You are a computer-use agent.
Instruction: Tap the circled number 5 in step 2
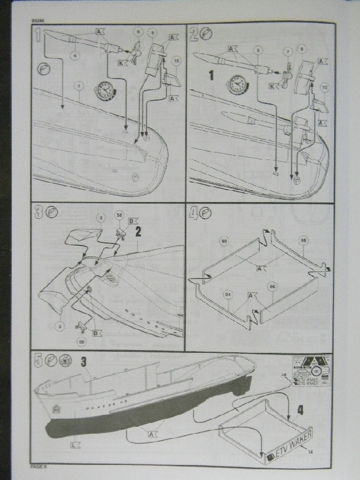pos(259,50)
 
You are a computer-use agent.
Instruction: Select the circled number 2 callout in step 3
pos(101,218)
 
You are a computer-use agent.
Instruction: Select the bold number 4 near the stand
pos(300,409)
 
